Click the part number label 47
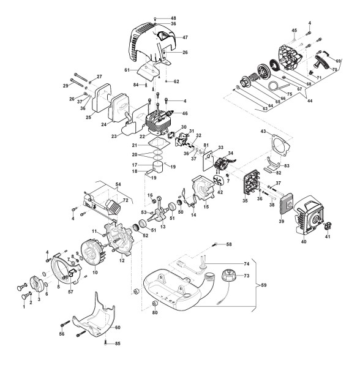186,37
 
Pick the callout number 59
264,285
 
